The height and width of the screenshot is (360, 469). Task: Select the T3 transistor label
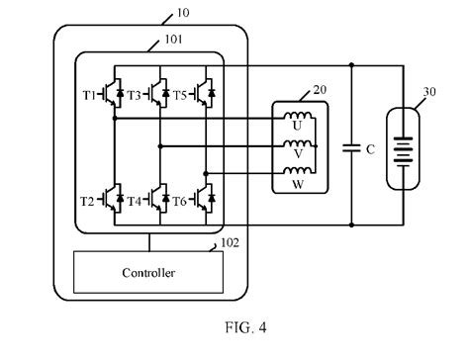(x=136, y=95)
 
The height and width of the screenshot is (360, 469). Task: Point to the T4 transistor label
(x=136, y=201)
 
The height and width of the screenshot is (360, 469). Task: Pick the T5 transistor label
(x=180, y=95)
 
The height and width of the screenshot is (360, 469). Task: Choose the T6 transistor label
(x=180, y=201)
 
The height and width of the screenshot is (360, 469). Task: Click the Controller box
(x=149, y=272)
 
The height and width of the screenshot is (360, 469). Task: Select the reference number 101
(x=160, y=43)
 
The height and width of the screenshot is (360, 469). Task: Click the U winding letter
(x=297, y=126)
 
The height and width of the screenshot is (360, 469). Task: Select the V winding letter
(x=297, y=154)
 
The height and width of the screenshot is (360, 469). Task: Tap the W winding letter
(x=297, y=182)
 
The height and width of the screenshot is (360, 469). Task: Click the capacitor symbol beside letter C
(x=351, y=148)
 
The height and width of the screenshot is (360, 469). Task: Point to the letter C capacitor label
(x=370, y=149)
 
